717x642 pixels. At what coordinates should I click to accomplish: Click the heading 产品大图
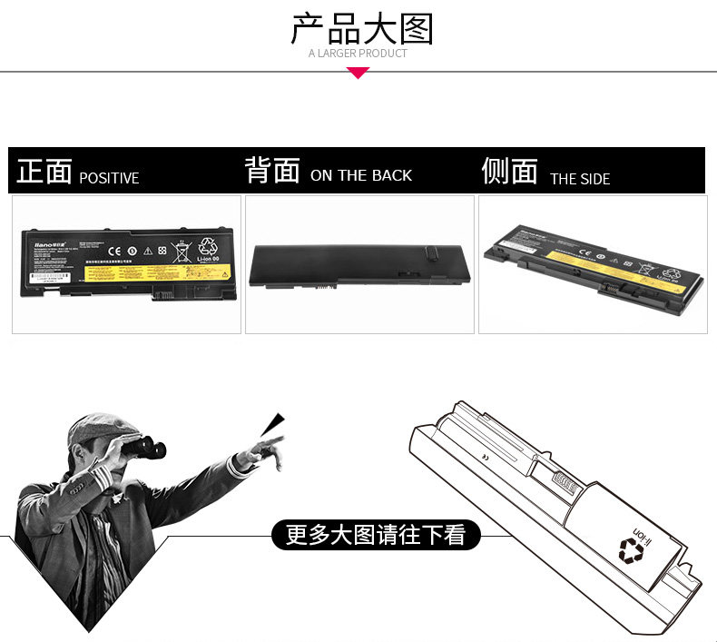pyautogui.click(x=361, y=29)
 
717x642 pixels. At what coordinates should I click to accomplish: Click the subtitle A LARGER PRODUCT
pyautogui.click(x=358, y=54)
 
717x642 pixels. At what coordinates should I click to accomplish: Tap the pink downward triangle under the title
pyautogui.click(x=358, y=73)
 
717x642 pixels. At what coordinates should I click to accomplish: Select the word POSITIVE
pyautogui.click(x=109, y=178)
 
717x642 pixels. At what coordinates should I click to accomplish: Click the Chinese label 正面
pyautogui.click(x=44, y=172)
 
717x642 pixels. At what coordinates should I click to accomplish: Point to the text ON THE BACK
pyautogui.click(x=361, y=175)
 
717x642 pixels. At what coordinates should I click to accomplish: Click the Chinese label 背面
pyautogui.click(x=272, y=171)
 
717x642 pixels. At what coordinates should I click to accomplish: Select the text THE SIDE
pyautogui.click(x=580, y=179)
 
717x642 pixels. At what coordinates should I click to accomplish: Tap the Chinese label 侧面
pyautogui.click(x=510, y=171)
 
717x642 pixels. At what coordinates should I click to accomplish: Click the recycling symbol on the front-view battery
pyautogui.click(x=209, y=245)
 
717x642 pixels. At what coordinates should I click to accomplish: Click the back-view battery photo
pyautogui.click(x=358, y=262)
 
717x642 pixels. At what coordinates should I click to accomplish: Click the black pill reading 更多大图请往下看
pyautogui.click(x=376, y=535)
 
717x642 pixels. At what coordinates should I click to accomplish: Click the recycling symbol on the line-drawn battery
pyautogui.click(x=630, y=548)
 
